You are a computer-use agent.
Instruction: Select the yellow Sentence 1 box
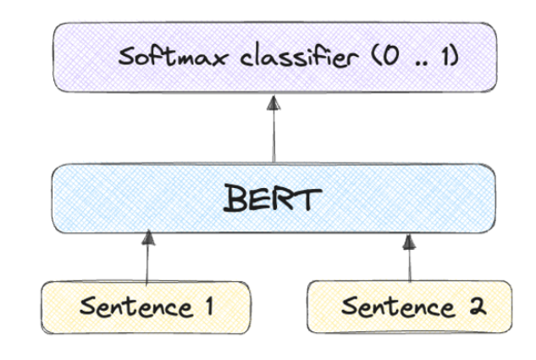point(145,306)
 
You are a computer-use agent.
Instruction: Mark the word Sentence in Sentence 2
point(396,306)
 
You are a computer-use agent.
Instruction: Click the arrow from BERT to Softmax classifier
point(273,131)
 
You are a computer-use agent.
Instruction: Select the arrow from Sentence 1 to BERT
point(148,258)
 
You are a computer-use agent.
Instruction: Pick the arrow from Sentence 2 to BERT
point(409,258)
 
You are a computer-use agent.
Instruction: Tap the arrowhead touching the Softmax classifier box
point(273,103)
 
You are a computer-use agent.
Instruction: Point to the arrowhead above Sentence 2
point(409,240)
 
